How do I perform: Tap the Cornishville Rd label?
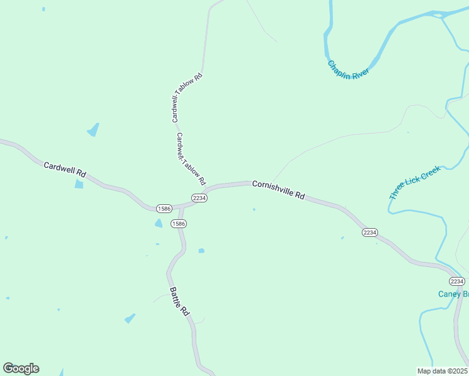[x=278, y=189]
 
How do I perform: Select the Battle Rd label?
[x=179, y=301]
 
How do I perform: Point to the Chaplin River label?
[x=348, y=68]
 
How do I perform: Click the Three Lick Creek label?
[x=415, y=182]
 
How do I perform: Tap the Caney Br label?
[x=453, y=294]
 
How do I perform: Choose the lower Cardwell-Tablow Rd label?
[x=191, y=159]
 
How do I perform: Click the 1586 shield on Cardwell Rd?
[x=164, y=208]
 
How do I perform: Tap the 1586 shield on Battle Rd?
[x=178, y=224]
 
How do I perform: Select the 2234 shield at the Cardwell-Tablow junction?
[x=199, y=198]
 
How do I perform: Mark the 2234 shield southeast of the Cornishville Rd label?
[x=369, y=232]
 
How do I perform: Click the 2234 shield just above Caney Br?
[x=456, y=281]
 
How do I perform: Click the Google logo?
[x=21, y=368]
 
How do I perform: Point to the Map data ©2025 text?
[x=443, y=370]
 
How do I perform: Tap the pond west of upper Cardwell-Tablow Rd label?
[x=93, y=130]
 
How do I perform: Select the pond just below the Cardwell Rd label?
[x=79, y=184]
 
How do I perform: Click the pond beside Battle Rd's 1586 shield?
[x=159, y=223]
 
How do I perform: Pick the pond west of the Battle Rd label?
[x=130, y=318]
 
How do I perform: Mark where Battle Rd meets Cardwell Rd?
[x=182, y=206]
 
